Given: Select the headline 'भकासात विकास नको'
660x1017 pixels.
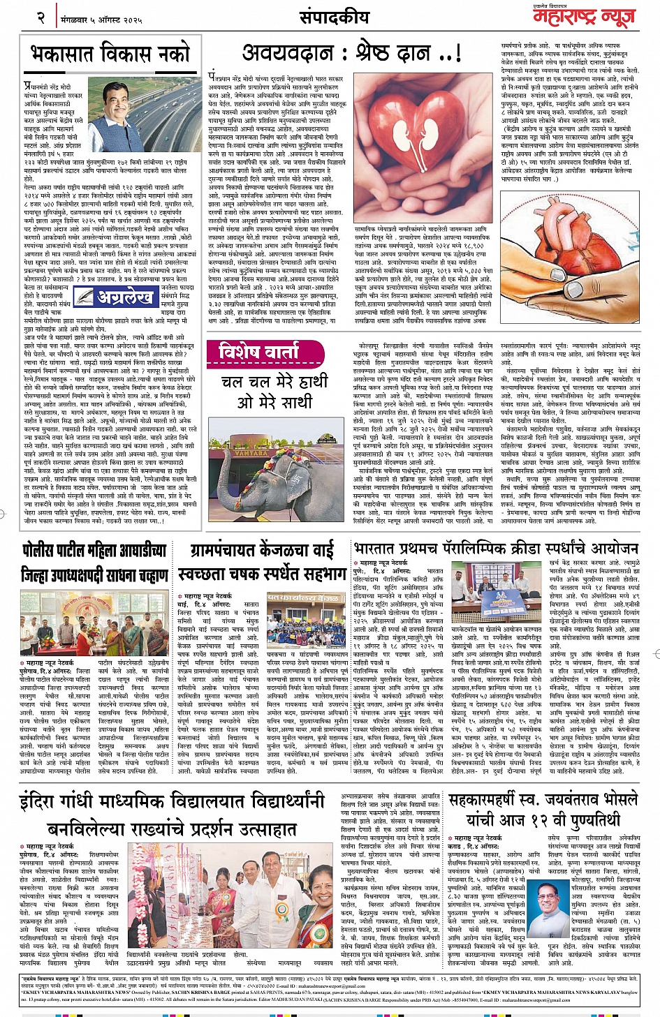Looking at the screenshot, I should (110, 53).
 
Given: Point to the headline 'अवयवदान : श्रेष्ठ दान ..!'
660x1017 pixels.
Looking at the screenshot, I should (351, 52).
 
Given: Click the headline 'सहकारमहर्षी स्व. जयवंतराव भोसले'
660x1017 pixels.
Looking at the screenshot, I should (544, 800).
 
